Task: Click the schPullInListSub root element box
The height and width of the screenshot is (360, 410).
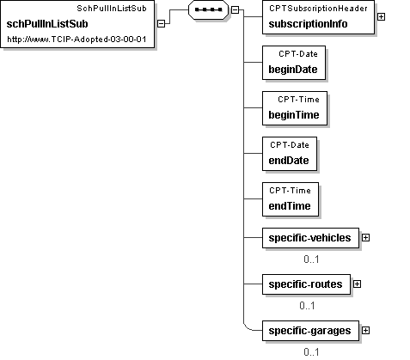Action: tap(77, 24)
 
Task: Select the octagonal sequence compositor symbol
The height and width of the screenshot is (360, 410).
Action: tap(208, 9)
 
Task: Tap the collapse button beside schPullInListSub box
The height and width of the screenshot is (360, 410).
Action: tap(162, 24)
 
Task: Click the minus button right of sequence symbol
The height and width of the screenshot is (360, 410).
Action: tap(235, 9)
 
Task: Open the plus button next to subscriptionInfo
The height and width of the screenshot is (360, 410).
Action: tap(381, 17)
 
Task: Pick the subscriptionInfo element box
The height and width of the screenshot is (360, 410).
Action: tap(318, 17)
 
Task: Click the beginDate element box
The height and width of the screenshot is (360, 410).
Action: tap(294, 63)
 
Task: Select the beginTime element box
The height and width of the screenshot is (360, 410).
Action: tap(295, 108)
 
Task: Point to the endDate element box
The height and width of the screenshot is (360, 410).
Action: tap(290, 154)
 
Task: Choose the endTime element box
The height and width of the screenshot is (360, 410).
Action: tap(291, 199)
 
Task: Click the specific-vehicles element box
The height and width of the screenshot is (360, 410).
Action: tap(310, 238)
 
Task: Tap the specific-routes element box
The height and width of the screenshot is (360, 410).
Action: tap(306, 284)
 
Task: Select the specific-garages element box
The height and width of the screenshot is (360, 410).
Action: tap(310, 331)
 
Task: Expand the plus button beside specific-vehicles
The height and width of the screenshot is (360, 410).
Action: tap(365, 238)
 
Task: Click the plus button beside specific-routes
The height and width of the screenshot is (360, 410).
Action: tap(357, 284)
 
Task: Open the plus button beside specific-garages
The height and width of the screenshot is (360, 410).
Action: tap(365, 331)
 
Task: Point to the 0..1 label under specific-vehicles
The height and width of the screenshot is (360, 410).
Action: tap(311, 259)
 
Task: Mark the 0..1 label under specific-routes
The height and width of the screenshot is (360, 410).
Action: tap(307, 306)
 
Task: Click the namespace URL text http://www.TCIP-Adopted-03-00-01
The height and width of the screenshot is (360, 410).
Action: tap(76, 40)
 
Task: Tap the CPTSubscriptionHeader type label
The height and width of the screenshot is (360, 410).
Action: tap(318, 9)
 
